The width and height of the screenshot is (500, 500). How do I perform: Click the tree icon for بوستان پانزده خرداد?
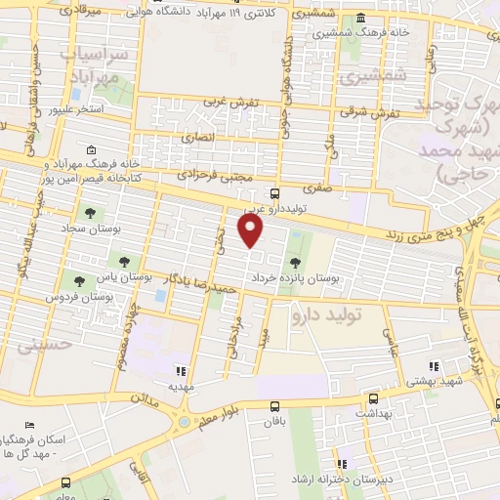pyautogui.click(x=296, y=262)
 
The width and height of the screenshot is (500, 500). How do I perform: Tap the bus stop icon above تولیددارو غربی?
pyautogui.click(x=274, y=193)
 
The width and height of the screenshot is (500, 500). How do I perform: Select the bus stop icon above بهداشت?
pyautogui.click(x=372, y=398)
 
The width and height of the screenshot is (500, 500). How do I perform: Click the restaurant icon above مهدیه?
pyautogui.click(x=179, y=371)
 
